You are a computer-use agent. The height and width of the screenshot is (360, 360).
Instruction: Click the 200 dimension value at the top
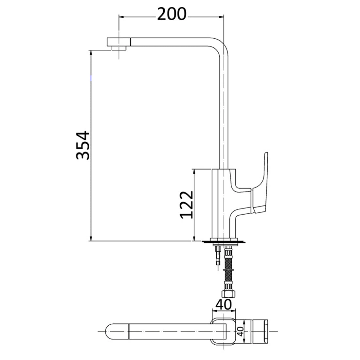click(171, 14)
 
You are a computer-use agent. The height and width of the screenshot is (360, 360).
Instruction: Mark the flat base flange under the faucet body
click(224, 242)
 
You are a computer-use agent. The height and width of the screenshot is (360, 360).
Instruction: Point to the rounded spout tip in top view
click(111, 332)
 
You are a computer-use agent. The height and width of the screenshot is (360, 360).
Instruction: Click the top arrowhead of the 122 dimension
click(195, 171)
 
